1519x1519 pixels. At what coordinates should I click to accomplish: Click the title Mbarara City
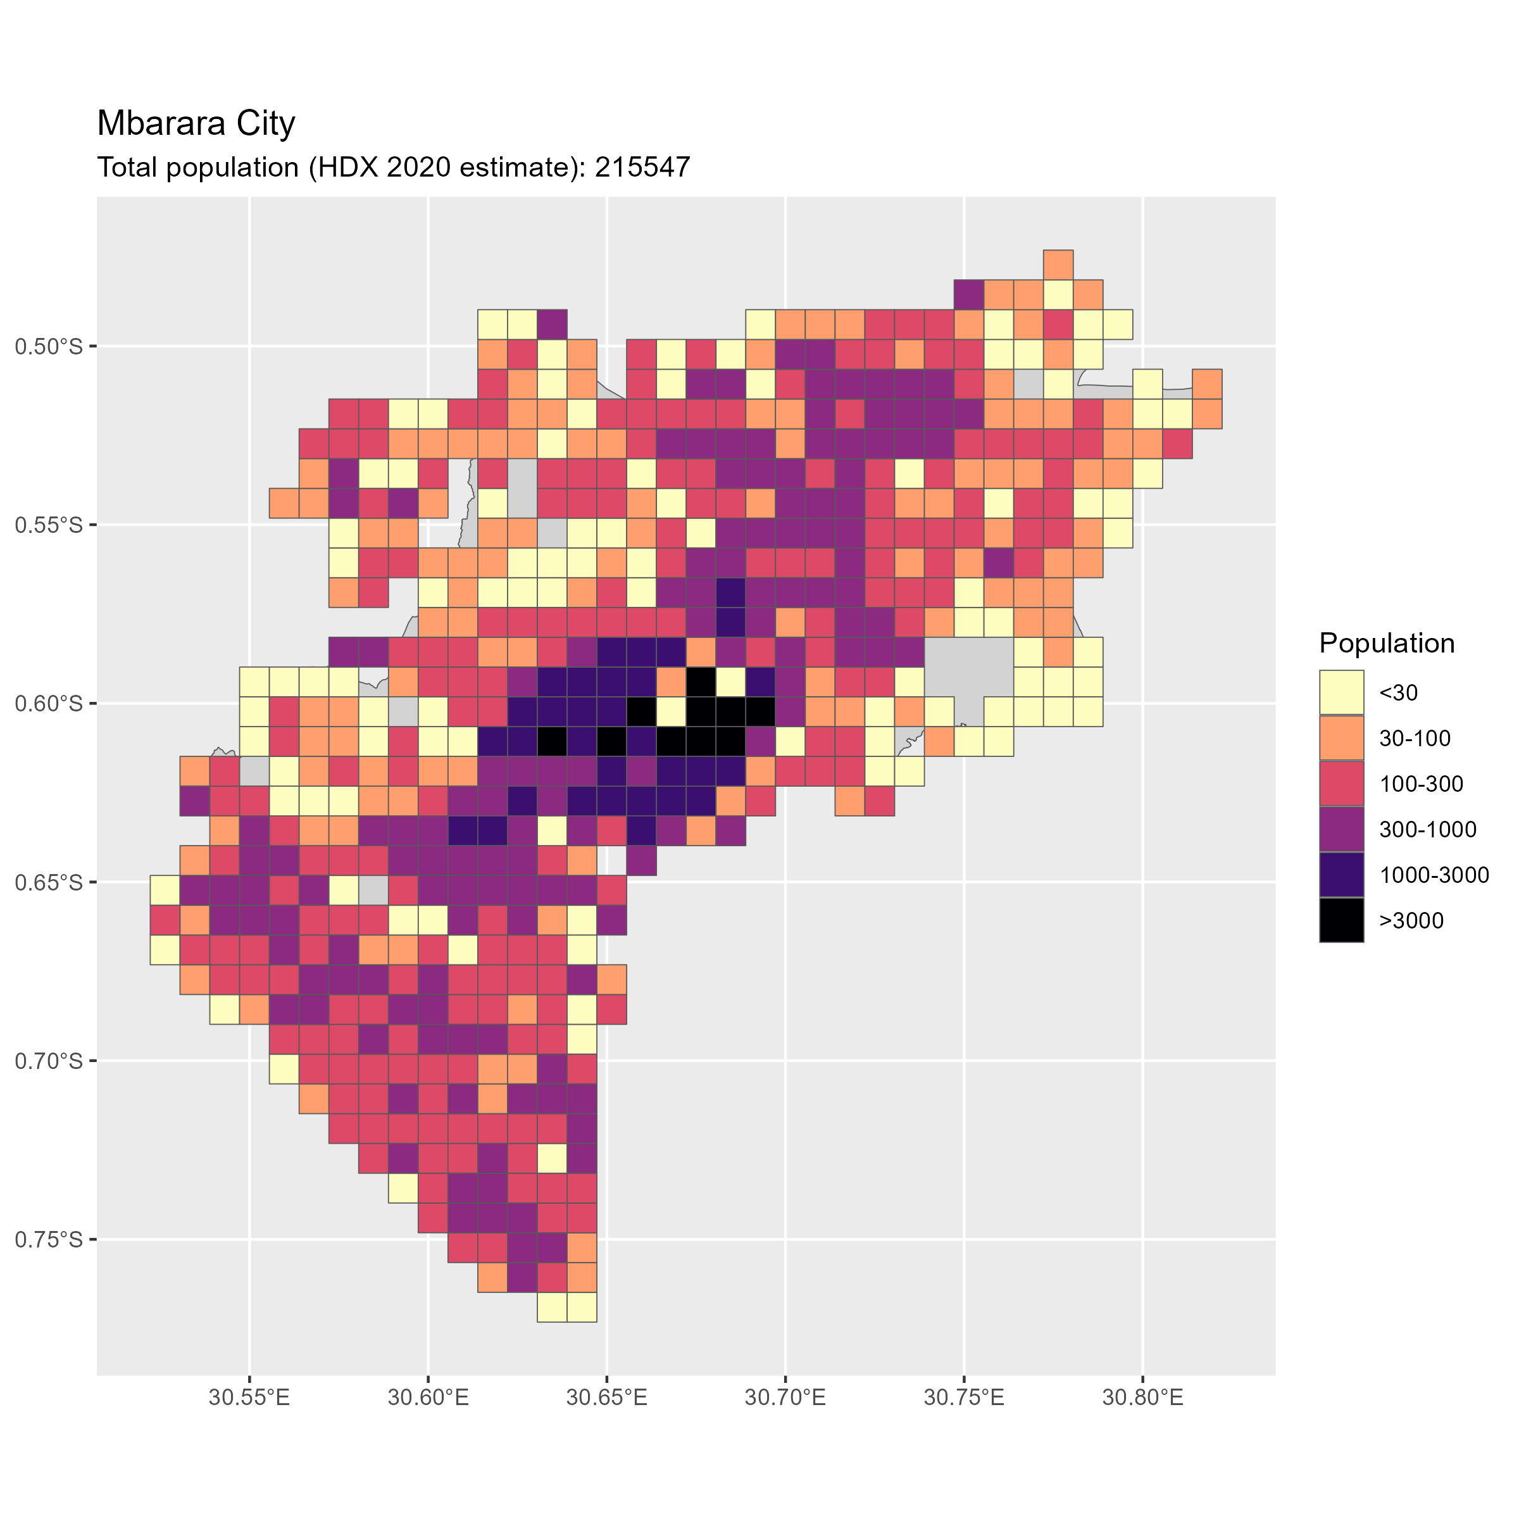click(x=196, y=123)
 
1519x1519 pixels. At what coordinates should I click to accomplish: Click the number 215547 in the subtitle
click(x=642, y=168)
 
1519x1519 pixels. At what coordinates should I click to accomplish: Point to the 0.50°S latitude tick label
click(x=49, y=346)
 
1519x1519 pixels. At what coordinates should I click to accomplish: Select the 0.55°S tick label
click(x=49, y=525)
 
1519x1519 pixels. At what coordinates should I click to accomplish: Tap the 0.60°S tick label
click(x=49, y=704)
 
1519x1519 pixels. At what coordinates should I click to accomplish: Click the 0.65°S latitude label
click(x=49, y=882)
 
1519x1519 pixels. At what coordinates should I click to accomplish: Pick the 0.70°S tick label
click(x=49, y=1061)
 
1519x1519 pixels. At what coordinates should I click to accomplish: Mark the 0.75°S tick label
click(x=49, y=1240)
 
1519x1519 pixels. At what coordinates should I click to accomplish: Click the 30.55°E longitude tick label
click(x=249, y=1399)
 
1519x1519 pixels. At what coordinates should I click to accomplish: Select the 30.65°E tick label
click(x=607, y=1399)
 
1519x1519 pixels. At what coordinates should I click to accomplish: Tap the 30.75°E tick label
click(x=964, y=1399)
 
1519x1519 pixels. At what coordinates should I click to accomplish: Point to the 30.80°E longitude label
click(x=1142, y=1399)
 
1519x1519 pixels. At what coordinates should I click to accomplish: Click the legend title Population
click(x=1387, y=643)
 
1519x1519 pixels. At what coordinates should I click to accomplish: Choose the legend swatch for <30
click(x=1342, y=692)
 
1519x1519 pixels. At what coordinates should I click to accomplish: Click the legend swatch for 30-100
click(x=1342, y=738)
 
